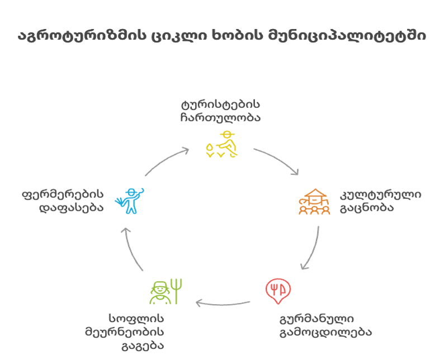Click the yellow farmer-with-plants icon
point(222,144)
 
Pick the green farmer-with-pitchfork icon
point(160,291)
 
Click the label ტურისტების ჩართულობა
point(220,111)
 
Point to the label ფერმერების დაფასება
point(63,201)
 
